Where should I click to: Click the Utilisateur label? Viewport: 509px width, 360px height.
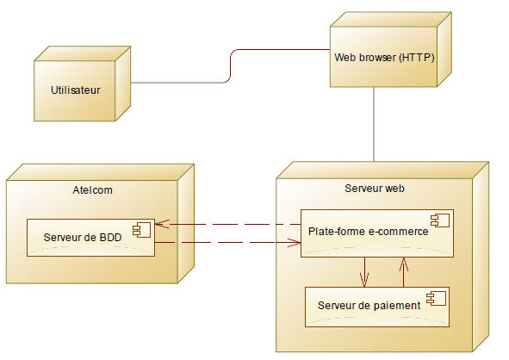[76, 89]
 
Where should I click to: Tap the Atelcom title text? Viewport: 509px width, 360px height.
[92, 190]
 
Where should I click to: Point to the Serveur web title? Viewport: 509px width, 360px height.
[375, 188]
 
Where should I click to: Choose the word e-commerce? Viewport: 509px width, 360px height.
[398, 230]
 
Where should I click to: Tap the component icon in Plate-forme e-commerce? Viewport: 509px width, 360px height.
[441, 220]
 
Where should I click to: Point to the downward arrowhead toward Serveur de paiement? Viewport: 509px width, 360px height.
[365, 280]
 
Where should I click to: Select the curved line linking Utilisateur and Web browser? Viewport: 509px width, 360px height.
[231, 66]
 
